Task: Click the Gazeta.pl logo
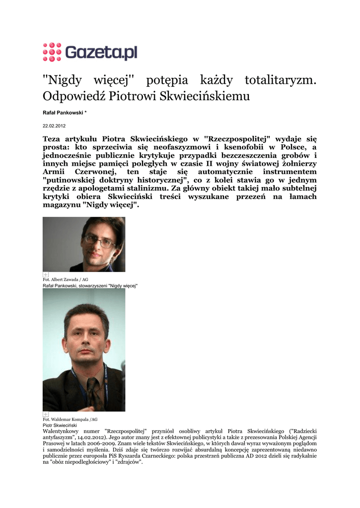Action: (x=90, y=52)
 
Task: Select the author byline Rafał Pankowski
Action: (x=63, y=113)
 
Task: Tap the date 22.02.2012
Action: (x=54, y=126)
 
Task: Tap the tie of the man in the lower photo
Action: (x=93, y=391)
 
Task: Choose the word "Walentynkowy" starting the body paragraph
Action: (x=63, y=432)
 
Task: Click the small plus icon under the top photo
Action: (x=46, y=274)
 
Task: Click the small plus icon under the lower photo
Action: (x=46, y=414)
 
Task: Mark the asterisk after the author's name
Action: (x=85, y=113)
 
